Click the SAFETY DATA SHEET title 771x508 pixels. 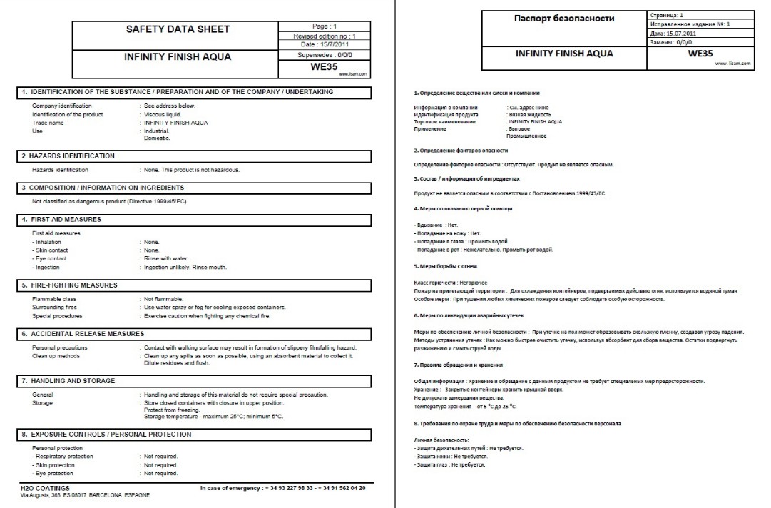(178, 30)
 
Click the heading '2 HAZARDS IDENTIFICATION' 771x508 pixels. (68, 156)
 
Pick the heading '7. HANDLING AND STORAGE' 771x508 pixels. (68, 381)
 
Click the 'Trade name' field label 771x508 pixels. (48, 123)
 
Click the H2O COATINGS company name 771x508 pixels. (45, 487)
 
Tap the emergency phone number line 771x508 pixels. (284, 487)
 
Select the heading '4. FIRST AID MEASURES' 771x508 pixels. (61, 219)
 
